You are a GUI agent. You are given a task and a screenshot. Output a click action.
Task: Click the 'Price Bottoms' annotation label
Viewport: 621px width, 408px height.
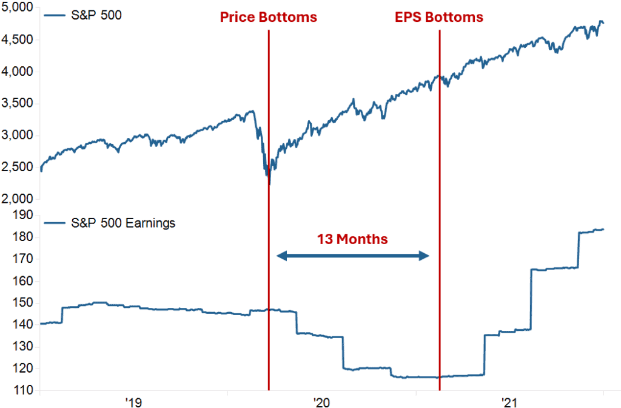point(268,17)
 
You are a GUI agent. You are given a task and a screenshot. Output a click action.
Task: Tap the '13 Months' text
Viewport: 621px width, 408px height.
point(352,239)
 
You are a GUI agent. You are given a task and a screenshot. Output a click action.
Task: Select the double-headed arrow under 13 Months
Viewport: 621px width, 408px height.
point(352,256)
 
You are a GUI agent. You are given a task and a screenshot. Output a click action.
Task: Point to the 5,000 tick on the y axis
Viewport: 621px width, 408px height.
point(17,8)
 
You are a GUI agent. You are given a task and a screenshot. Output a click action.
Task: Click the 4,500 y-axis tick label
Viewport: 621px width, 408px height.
point(17,40)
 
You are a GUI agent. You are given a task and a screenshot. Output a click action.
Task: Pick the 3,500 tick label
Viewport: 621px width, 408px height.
point(17,103)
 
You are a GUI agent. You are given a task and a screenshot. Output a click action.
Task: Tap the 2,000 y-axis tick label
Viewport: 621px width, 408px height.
point(17,199)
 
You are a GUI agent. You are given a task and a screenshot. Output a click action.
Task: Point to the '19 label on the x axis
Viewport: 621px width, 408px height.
point(133,401)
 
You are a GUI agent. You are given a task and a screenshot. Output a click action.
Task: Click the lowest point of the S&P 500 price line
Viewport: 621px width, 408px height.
point(269,184)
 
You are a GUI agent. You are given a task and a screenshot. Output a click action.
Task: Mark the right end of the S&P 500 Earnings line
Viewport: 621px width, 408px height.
point(603,229)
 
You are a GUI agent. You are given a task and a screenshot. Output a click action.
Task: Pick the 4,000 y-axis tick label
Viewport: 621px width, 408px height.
point(17,72)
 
